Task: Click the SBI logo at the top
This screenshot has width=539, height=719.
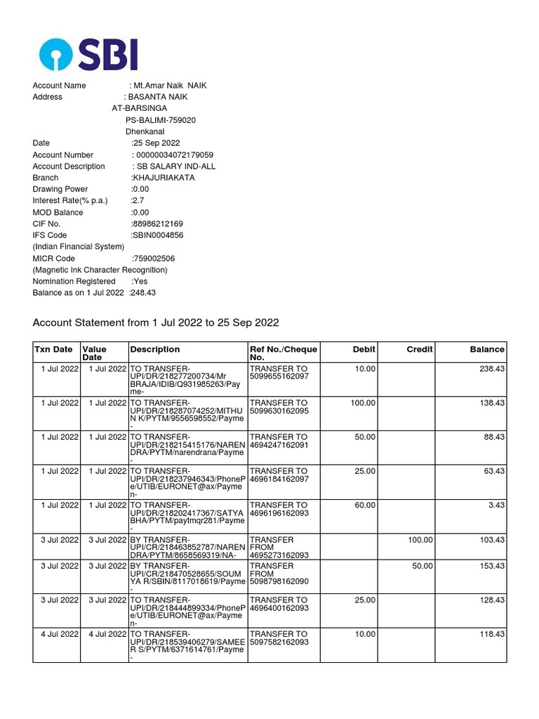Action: (88, 55)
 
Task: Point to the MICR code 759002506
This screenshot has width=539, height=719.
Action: (154, 258)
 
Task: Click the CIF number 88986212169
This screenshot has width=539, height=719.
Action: (157, 224)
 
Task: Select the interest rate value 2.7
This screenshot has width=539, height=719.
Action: (138, 201)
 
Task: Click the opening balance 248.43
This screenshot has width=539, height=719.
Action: (142, 292)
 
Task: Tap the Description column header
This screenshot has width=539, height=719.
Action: (155, 349)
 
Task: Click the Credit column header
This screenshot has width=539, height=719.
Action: (420, 349)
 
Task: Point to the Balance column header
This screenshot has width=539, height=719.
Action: (487, 349)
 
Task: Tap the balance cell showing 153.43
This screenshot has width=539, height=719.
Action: (491, 566)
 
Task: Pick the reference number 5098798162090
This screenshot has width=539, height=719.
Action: (279, 583)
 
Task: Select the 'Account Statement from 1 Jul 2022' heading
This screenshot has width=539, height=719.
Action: (156, 322)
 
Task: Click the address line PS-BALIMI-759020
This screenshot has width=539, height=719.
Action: (161, 120)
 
